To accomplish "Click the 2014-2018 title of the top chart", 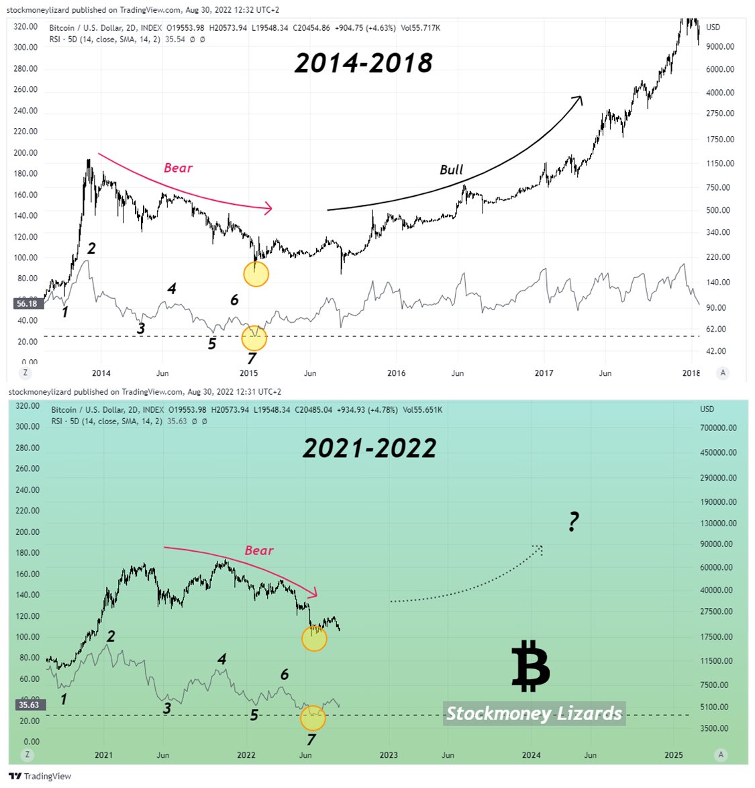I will [363, 63].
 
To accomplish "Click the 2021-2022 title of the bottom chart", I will [369, 448].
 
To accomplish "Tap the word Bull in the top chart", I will [451, 170].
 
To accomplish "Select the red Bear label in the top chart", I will [178, 168].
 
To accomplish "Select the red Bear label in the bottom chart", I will [259, 550].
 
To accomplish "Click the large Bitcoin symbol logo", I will [531, 666].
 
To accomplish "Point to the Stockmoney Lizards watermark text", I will [534, 713].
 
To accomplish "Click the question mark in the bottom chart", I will [573, 522].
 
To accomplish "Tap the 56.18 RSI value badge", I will [26, 303].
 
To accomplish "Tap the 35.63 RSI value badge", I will [28, 705].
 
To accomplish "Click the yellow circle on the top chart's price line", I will [256, 274].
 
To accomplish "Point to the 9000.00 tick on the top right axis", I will [719, 46].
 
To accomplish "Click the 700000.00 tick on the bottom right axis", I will [718, 428].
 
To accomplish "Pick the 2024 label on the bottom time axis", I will [531, 754].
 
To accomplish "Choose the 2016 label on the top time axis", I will [396, 373].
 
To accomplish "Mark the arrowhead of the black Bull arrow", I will [578, 99].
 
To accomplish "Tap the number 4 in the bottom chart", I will [221, 659].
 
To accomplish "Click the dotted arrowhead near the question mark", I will [538, 549].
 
